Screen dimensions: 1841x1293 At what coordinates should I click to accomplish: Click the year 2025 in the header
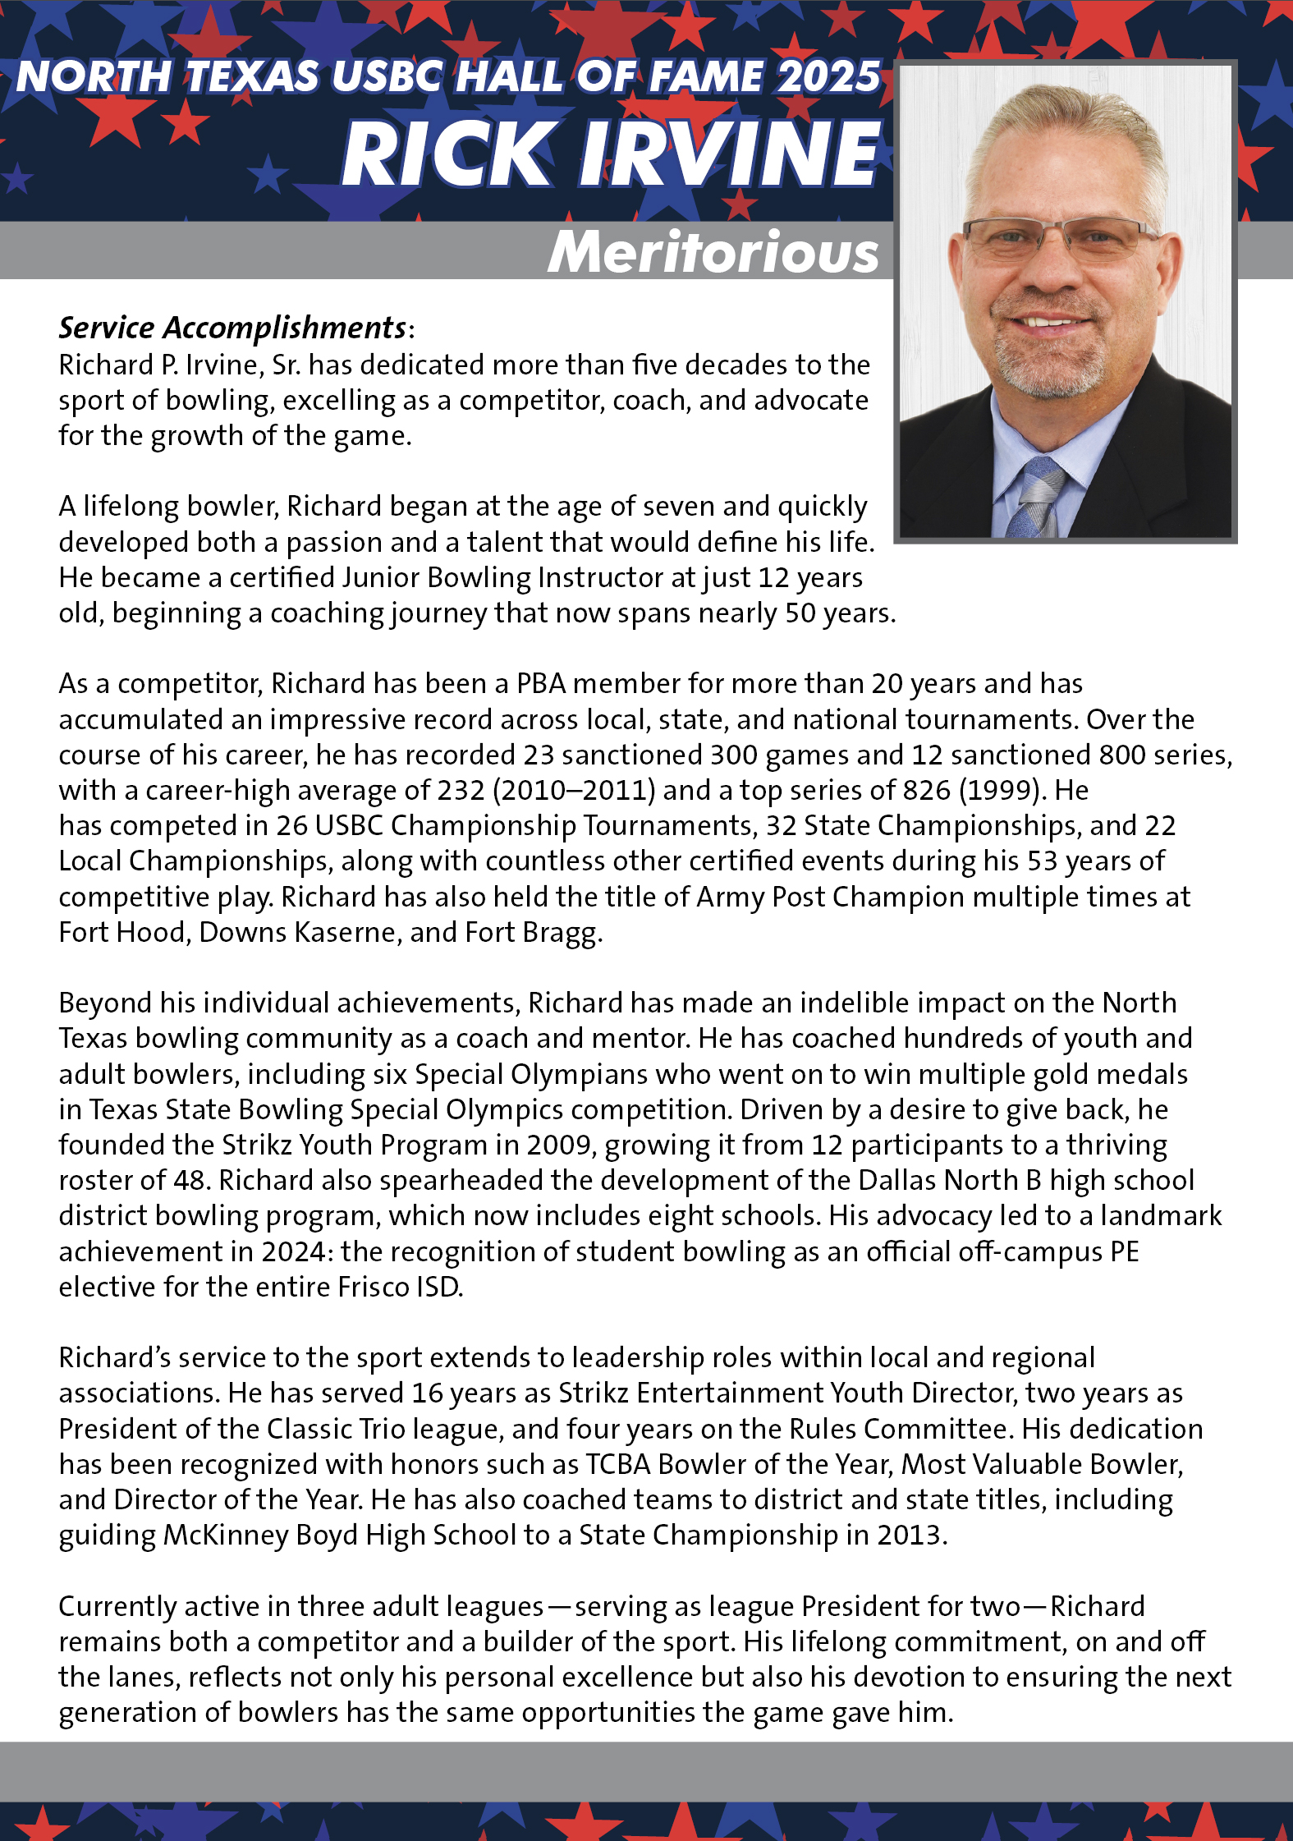(x=828, y=77)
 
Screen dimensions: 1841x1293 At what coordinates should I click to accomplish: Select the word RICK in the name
(x=448, y=154)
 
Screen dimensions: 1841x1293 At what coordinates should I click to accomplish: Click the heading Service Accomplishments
(x=232, y=328)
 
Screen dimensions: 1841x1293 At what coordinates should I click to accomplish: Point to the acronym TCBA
(x=617, y=1464)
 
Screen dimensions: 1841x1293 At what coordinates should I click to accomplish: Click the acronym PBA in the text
(x=541, y=683)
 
